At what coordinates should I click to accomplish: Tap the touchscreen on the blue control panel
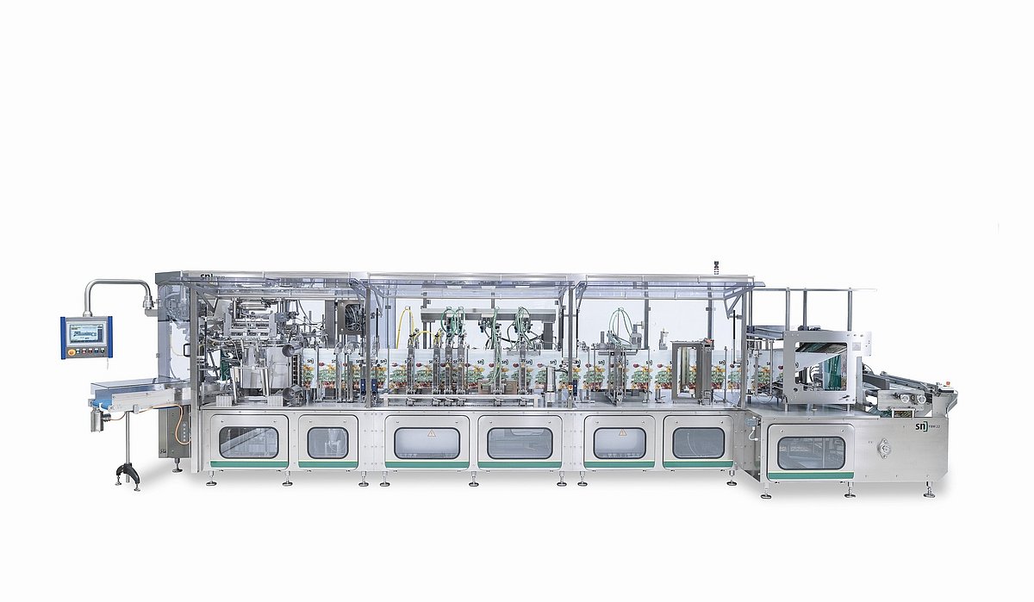coord(85,332)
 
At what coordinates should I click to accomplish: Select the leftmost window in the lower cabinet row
coord(248,442)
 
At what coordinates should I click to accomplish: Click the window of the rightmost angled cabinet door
coord(811,452)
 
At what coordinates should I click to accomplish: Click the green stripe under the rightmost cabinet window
coord(810,475)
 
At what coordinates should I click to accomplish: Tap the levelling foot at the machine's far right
coord(929,493)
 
